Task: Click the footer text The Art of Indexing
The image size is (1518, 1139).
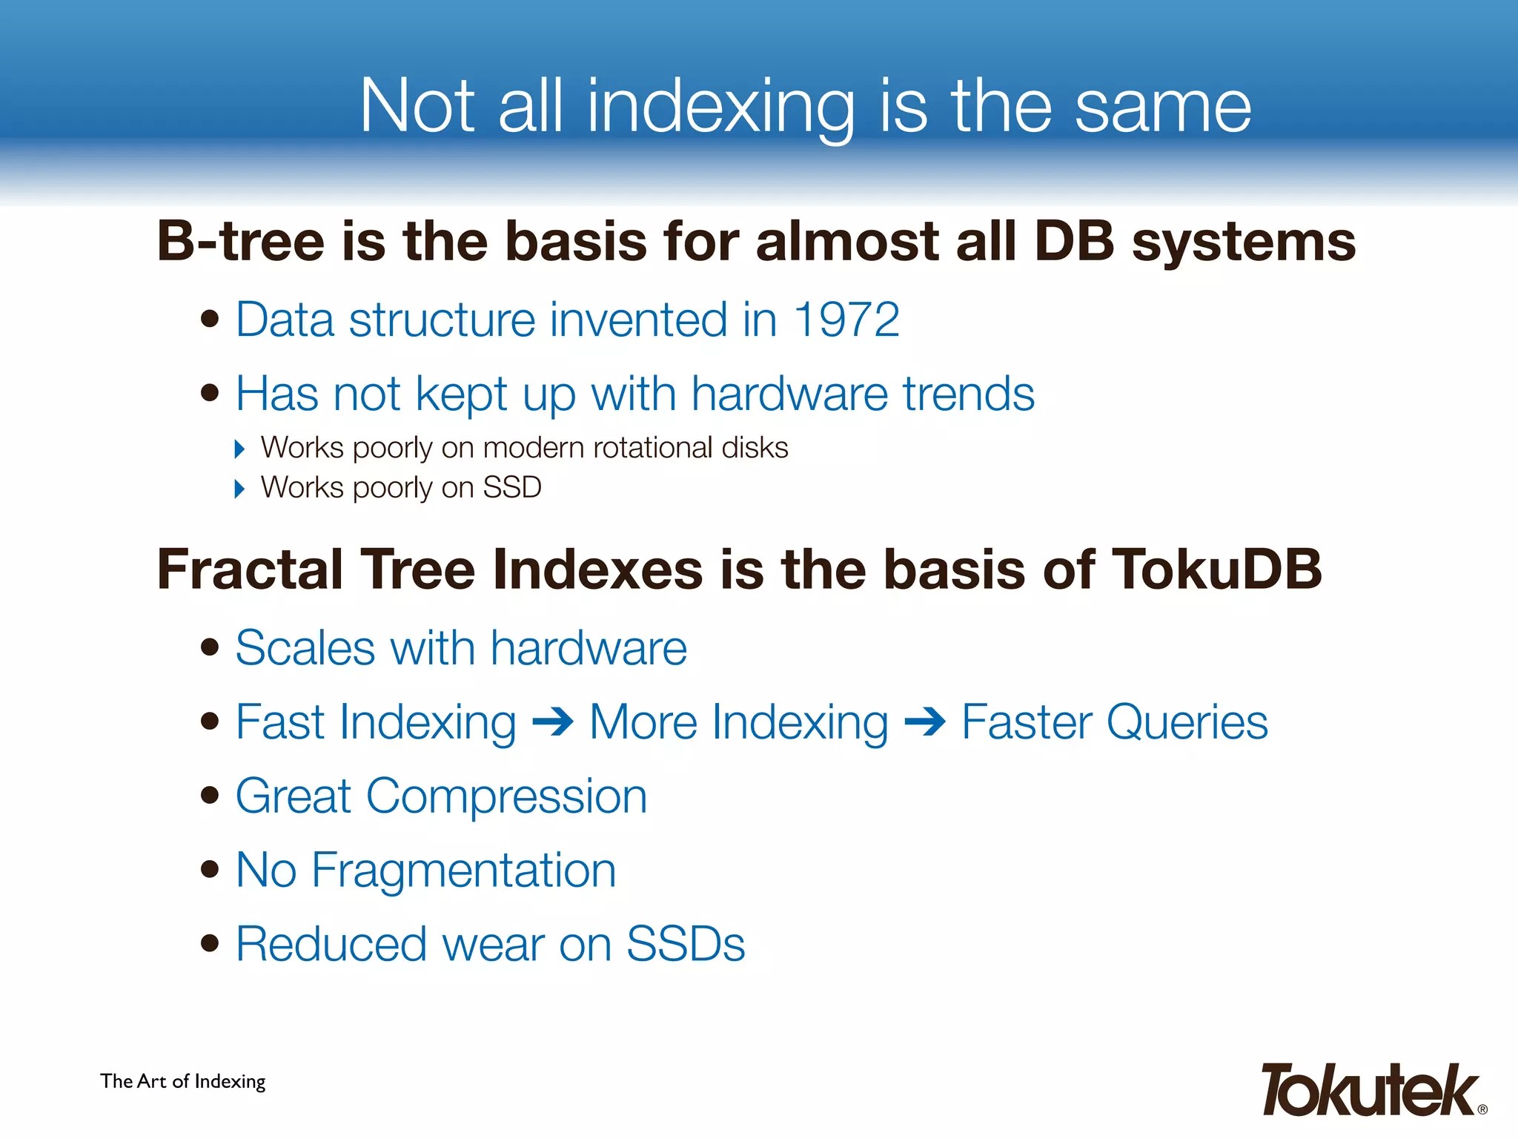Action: tap(183, 1081)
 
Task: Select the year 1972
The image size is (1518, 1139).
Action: tap(846, 320)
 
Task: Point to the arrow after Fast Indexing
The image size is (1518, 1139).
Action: tap(553, 722)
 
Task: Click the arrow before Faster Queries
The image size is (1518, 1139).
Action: tap(925, 722)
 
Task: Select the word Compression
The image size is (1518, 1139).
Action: tap(506, 796)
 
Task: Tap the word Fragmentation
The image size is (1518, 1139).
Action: tap(464, 870)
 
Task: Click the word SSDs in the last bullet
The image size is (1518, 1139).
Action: tap(686, 944)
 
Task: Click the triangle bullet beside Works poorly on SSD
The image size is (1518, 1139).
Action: tap(239, 489)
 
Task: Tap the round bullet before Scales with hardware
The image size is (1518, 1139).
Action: tap(211, 647)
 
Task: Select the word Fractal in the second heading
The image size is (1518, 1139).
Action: tap(250, 569)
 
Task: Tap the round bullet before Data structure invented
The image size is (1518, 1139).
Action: tap(211, 319)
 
